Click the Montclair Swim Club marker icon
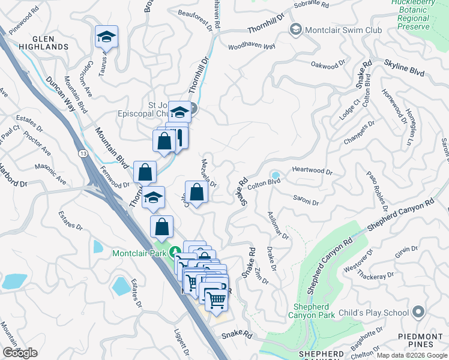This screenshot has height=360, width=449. coord(295,29)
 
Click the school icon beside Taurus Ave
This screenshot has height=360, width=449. coord(106,37)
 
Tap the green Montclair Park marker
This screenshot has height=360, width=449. coord(175,253)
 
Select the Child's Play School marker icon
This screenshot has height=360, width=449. coord(418,311)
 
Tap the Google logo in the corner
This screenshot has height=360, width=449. coord(20,352)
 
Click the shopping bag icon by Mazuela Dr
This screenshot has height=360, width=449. coord(196,192)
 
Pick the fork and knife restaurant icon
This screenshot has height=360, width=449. coord(179,137)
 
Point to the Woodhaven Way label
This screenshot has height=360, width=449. coord(251,46)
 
